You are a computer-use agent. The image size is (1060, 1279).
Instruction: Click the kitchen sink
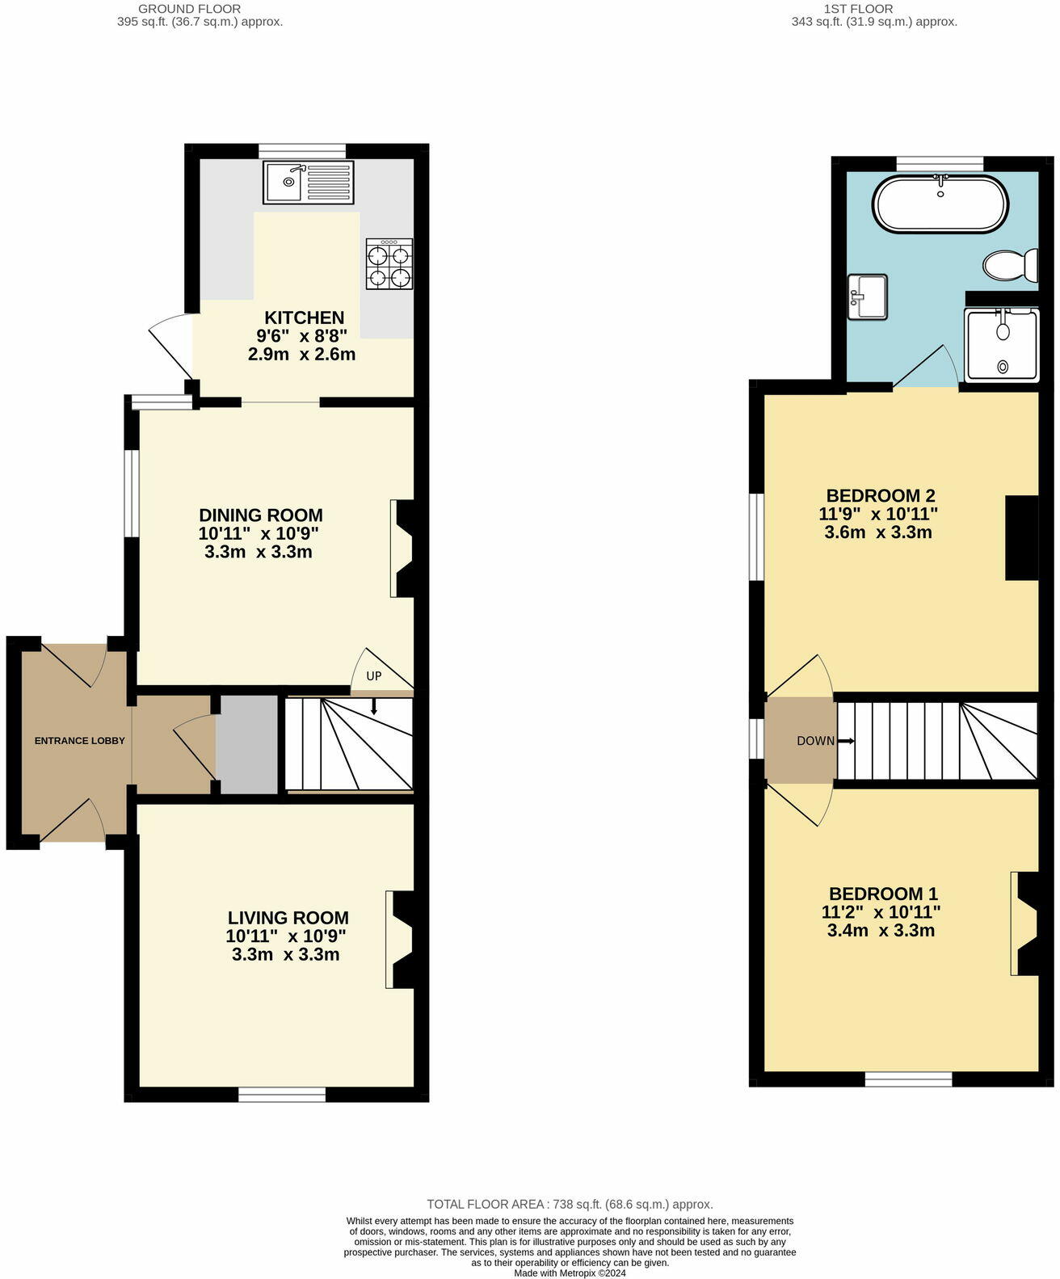pos(308,182)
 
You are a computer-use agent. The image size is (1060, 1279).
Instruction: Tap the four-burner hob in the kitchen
pos(389,263)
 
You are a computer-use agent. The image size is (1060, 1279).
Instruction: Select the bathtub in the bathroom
pos(940,204)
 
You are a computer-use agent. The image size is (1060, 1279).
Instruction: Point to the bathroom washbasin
pos(868,297)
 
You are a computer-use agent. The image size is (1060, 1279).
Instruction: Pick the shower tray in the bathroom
pos(1002,345)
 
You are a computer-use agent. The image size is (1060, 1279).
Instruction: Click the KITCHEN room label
pos(304,318)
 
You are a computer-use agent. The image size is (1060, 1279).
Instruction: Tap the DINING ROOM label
pos(261,515)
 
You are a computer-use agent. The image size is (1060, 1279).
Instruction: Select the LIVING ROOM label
pos(288,918)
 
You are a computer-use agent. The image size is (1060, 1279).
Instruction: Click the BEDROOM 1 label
pos(884,894)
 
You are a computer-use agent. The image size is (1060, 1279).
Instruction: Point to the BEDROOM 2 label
pos(881,495)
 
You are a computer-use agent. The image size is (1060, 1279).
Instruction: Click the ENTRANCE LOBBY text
pos(80,741)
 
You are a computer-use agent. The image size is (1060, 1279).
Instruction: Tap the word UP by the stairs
pos(374,675)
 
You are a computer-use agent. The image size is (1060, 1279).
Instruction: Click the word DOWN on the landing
pos(815,741)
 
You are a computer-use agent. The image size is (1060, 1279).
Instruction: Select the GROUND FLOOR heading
pos(189,9)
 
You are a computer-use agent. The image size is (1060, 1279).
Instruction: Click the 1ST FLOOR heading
pos(858,9)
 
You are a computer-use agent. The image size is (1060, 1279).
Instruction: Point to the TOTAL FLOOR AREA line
pos(570,1205)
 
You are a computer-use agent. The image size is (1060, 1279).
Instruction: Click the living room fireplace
pos(402,939)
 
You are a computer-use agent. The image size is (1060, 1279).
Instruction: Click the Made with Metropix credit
pos(570,1273)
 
